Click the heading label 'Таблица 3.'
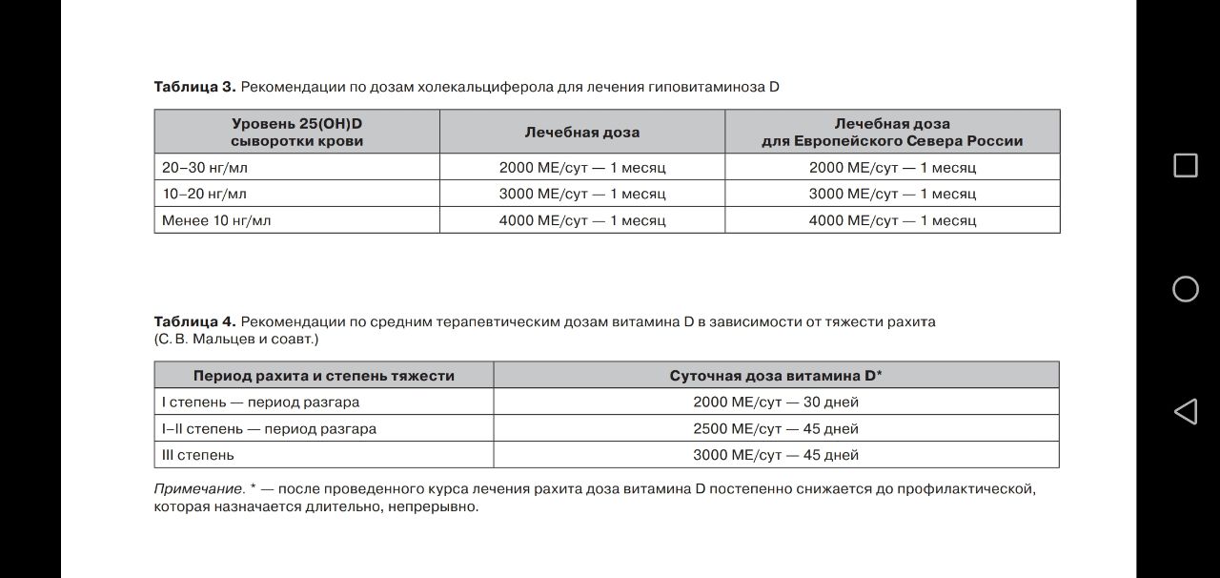point(194,87)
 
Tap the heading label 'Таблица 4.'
point(194,321)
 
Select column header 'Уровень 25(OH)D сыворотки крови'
point(296,132)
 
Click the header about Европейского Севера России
point(892,132)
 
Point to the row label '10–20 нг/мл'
point(204,194)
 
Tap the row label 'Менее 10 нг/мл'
point(216,220)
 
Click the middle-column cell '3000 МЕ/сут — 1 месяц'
point(582,194)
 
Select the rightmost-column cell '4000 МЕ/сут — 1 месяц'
point(892,220)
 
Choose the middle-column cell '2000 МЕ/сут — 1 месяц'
point(582,167)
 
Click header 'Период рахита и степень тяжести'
point(324,376)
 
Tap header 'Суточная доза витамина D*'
point(776,376)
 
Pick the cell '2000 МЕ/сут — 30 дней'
point(776,403)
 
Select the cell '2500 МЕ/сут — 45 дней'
point(776,429)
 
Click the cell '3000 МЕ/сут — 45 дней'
point(776,455)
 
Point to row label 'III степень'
point(198,455)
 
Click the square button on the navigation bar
point(1185,165)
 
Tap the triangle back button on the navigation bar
point(1185,411)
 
